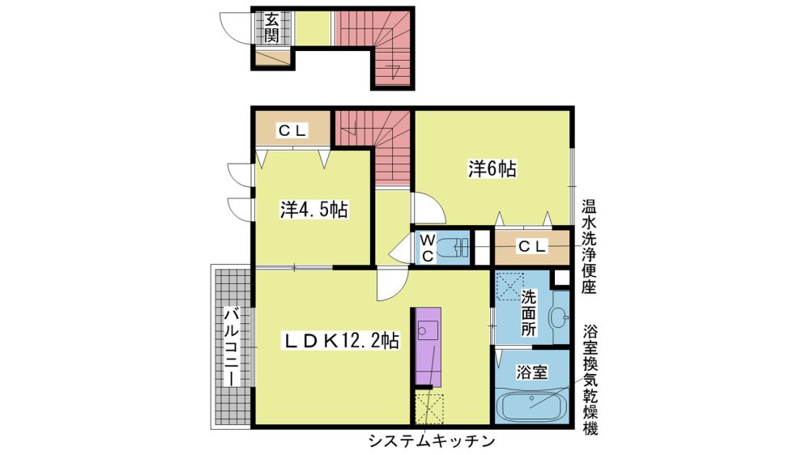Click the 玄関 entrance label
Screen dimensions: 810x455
[271, 28]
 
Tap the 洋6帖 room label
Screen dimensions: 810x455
[492, 169]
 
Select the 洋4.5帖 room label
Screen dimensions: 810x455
[313, 210]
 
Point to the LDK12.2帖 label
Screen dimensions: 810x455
[340, 341]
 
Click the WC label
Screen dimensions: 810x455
[427, 248]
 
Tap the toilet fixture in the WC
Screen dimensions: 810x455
[453, 249]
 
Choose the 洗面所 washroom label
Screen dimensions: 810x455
[528, 313]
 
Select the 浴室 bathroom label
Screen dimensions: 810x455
[531, 372]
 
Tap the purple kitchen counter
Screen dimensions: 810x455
[428, 347]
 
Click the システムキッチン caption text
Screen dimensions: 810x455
[432, 441]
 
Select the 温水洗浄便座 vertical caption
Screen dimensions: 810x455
[588, 247]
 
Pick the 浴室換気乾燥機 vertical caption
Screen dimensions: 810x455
[590, 380]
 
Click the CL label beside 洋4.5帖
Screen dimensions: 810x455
[292, 130]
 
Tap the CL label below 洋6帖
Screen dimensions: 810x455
[532, 246]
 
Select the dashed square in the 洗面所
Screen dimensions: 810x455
[509, 286]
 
